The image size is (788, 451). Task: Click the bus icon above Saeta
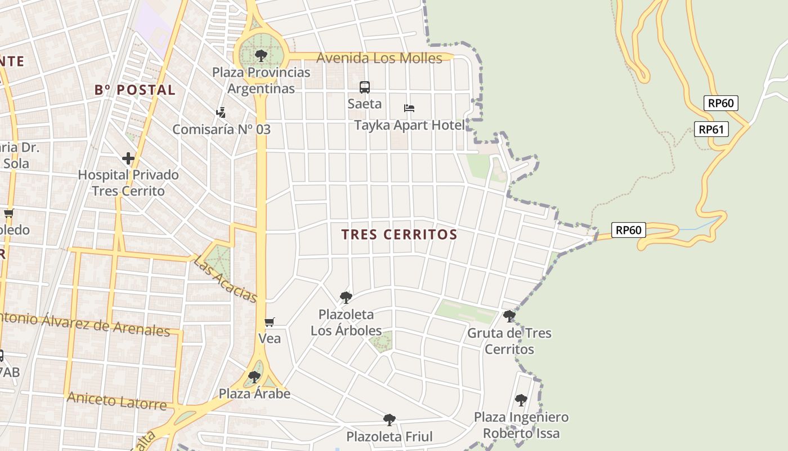365,87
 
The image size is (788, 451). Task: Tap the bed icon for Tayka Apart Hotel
409,108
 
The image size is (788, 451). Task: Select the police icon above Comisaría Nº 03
221,112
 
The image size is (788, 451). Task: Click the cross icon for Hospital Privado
128,158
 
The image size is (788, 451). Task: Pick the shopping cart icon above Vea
270,322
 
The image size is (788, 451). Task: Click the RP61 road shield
711,129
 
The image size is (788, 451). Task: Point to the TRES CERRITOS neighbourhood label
399,235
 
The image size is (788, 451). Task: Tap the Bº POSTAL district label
135,90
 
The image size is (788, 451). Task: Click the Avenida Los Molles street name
379,58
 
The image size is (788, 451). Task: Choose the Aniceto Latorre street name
117,401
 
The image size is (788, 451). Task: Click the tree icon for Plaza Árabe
254,377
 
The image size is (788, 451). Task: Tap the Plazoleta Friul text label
389,437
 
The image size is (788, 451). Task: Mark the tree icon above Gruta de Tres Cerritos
509,316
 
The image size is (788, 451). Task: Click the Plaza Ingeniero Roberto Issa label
521,425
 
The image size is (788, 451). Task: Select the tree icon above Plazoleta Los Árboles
346,297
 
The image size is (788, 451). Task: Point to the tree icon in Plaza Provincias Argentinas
261,55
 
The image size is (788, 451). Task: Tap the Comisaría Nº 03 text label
221,129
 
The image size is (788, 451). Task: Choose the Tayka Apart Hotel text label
409,125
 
